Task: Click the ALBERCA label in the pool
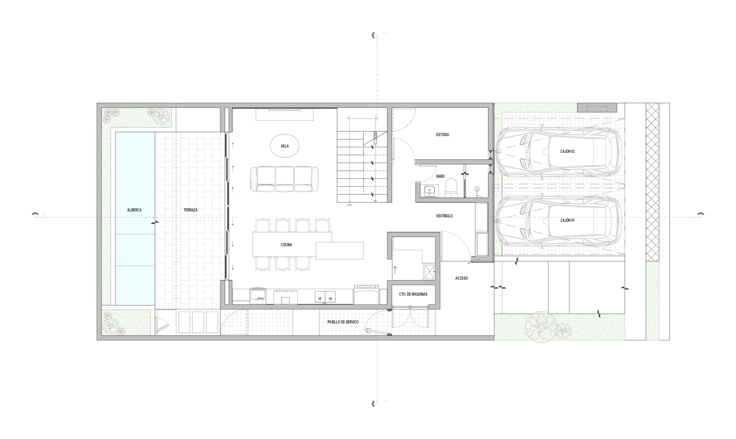point(134,210)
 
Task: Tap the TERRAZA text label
point(190,210)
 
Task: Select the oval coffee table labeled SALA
point(284,146)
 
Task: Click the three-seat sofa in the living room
point(284,179)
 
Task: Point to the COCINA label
point(286,245)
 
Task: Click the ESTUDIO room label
point(442,134)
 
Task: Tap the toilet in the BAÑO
point(451,188)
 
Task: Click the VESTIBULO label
point(444,216)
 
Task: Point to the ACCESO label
point(461,278)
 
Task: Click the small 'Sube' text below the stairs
point(349,205)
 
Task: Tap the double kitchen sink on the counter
point(325,297)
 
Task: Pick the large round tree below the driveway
point(540,327)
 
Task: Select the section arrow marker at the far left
point(36,215)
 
